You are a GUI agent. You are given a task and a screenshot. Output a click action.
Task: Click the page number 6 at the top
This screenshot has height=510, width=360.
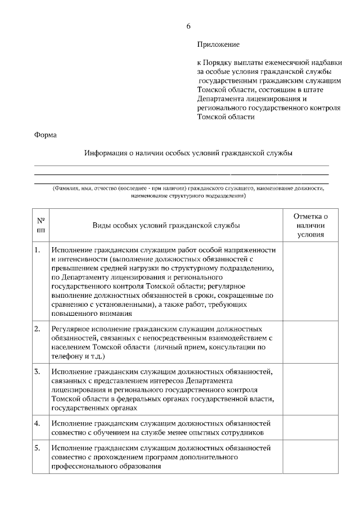click(x=188, y=26)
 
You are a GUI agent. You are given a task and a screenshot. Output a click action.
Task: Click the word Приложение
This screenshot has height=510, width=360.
click(x=219, y=44)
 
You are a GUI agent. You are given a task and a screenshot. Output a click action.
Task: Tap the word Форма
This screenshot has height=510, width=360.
click(x=46, y=135)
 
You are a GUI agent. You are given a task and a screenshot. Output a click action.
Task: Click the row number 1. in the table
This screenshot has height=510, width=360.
click(x=37, y=249)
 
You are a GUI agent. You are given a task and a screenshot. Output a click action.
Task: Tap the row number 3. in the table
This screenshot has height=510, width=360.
click(x=37, y=372)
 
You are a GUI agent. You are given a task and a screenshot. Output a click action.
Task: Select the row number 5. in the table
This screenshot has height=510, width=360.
click(x=37, y=448)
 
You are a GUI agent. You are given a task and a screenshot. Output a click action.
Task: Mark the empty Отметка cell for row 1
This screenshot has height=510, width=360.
click(x=310, y=281)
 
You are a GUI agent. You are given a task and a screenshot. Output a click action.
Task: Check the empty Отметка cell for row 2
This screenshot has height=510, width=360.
click(x=310, y=342)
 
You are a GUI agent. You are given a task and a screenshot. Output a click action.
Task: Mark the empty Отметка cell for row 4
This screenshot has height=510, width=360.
click(x=310, y=428)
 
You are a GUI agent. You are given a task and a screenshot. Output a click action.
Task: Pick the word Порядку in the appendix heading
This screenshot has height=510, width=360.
click(x=220, y=62)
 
